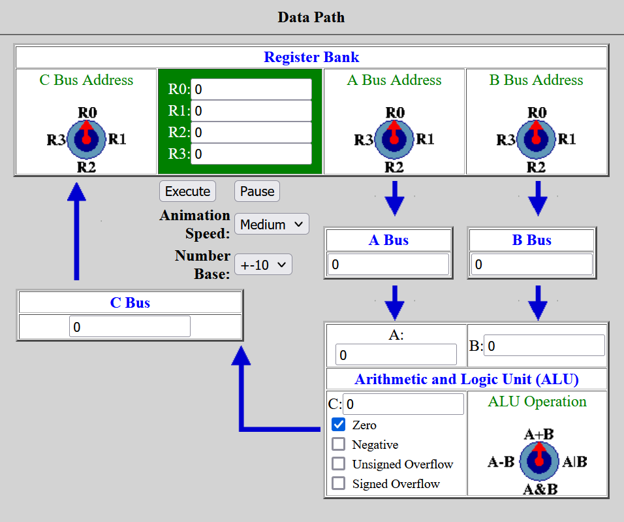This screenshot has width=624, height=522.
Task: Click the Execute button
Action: coord(187,191)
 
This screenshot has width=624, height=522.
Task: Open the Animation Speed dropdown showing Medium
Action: coord(272,224)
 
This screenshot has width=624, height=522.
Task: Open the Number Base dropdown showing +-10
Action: coord(264,265)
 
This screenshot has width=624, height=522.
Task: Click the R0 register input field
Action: coord(251,90)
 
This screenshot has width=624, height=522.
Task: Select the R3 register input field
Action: coord(251,154)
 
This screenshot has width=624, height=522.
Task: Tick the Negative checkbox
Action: coord(339,444)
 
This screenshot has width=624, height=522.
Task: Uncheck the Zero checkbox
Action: coord(339,425)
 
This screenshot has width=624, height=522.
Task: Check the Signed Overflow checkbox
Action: coord(339,483)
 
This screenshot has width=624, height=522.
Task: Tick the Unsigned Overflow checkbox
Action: coord(339,463)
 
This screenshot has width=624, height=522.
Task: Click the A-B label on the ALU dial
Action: coord(501,462)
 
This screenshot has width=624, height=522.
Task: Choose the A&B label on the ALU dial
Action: coord(540,489)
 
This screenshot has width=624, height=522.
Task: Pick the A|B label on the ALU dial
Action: coord(574,462)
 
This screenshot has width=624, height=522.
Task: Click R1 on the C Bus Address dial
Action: coord(117,139)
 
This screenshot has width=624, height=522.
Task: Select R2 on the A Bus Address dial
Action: coord(394,167)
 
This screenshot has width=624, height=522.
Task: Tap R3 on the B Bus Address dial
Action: coord(506,140)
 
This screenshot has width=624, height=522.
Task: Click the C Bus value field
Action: coord(130,327)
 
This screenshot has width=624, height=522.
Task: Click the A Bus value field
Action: coord(388,264)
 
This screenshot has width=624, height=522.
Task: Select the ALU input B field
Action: coord(544,346)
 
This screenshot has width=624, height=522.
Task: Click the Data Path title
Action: coord(311,17)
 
